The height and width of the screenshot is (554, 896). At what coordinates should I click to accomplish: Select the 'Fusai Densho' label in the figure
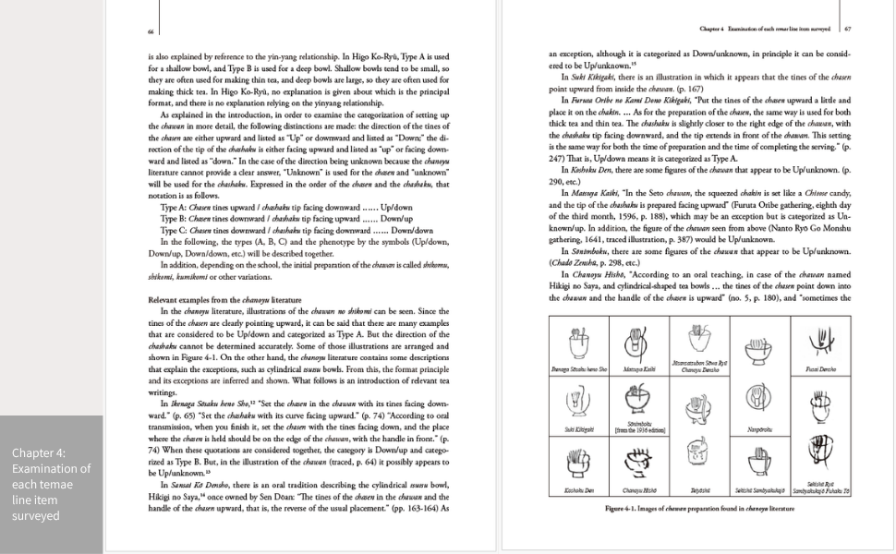(820, 368)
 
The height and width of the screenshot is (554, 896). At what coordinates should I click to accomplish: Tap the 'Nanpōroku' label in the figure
(757, 429)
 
